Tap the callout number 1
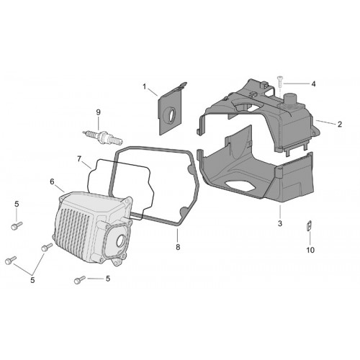145,86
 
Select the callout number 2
340,125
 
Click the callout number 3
280,223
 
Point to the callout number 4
313,84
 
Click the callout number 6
52,181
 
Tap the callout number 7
79,158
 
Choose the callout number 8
178,247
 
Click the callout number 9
98,112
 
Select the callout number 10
310,250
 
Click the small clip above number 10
310,225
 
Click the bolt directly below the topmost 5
17,225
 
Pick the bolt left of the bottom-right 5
80,280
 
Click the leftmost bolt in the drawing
11,261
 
